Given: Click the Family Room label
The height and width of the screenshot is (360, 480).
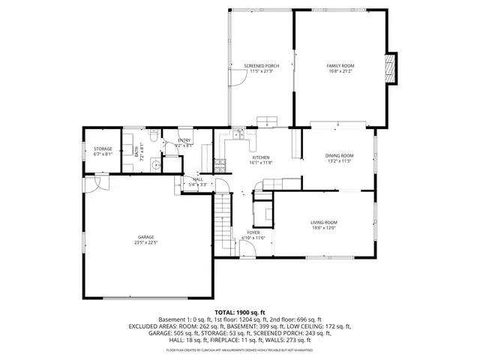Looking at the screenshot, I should [340, 66].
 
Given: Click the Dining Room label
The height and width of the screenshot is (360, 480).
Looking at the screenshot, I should [340, 155].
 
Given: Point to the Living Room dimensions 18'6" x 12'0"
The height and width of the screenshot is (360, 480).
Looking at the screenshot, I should [324, 228].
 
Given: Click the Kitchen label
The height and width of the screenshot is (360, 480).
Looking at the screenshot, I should [260, 157].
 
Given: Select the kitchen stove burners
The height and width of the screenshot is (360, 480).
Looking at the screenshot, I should [219, 162].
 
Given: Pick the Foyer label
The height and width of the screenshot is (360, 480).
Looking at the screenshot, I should [253, 232].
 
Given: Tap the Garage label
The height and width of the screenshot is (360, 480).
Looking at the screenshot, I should [145, 237].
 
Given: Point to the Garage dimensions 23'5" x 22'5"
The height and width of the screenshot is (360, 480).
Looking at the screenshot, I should [145, 243].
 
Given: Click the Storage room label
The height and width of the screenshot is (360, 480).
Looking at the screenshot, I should [103, 148].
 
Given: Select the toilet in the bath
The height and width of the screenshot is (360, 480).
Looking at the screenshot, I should [152, 139].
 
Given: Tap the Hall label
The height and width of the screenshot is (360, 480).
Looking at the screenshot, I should [198, 179].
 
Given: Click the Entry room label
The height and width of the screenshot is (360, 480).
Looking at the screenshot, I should [184, 141].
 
